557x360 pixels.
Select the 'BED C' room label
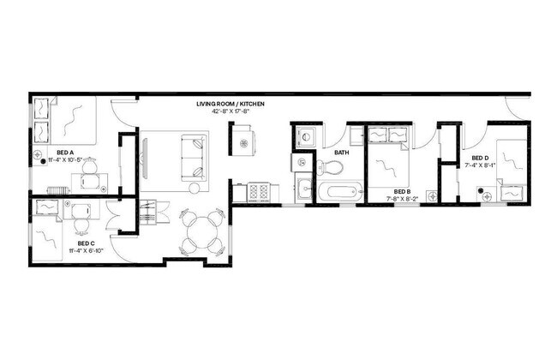pos(75,243)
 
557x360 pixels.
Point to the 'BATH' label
pos(341,153)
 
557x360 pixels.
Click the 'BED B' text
pos(402,191)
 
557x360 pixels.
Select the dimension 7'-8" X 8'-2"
pos(402,199)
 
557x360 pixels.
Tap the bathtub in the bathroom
pos(340,192)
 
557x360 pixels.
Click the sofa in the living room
pos(191,157)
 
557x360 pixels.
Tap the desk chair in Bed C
pos(81,225)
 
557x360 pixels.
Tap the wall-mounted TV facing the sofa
pos(142,158)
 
